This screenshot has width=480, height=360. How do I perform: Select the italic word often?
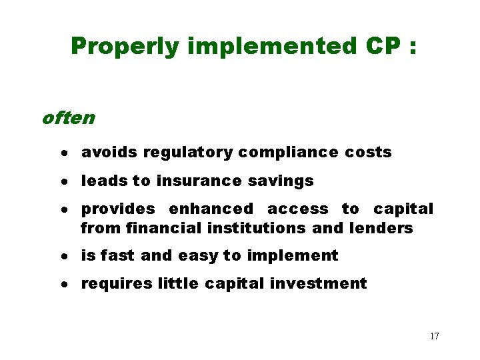[x=68, y=118]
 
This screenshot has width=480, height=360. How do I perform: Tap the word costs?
[x=368, y=152]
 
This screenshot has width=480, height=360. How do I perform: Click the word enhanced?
[x=211, y=209]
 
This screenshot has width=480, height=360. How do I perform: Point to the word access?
[x=297, y=209]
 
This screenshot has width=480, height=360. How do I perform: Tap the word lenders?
[x=381, y=228]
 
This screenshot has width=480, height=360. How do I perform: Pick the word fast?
[x=119, y=255]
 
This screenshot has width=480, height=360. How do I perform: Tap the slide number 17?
[x=434, y=336]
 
